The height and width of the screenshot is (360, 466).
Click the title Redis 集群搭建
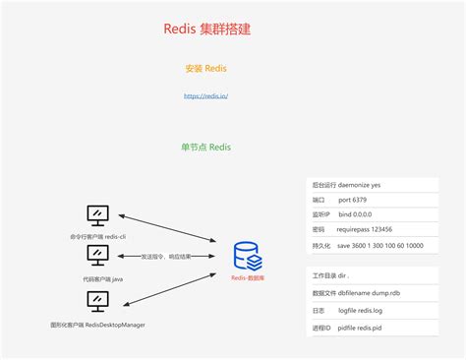[x=206, y=29]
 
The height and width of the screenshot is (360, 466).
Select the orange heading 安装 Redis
[x=206, y=69]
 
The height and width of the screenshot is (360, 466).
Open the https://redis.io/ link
[x=206, y=95]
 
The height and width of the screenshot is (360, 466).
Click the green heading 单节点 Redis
[x=206, y=147]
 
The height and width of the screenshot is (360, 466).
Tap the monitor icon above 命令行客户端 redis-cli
[x=97, y=214]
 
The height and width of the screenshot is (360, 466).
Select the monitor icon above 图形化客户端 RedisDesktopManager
[x=97, y=300]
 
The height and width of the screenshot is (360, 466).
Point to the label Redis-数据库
[x=248, y=278]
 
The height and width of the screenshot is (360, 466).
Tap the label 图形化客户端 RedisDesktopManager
[x=97, y=324]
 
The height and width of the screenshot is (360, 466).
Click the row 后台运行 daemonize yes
[x=359, y=185]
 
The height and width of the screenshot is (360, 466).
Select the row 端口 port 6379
[x=359, y=200]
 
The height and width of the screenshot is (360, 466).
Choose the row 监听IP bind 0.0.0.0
[x=359, y=214]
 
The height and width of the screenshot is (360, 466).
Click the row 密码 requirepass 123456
[x=359, y=229]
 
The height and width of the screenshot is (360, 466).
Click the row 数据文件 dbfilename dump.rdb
[x=359, y=293]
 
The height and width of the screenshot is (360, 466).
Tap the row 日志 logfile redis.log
[x=359, y=310]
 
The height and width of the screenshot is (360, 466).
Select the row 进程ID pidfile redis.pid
[x=359, y=327]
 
